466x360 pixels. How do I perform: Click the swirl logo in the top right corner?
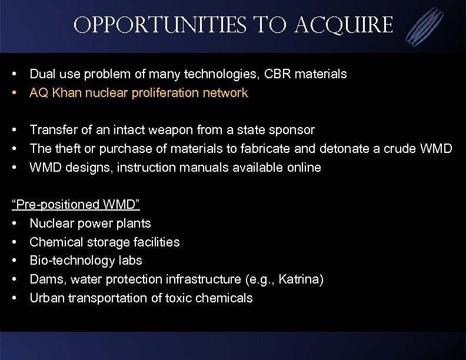click(425, 26)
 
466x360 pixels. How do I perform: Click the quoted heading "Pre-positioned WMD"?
click(76, 205)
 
